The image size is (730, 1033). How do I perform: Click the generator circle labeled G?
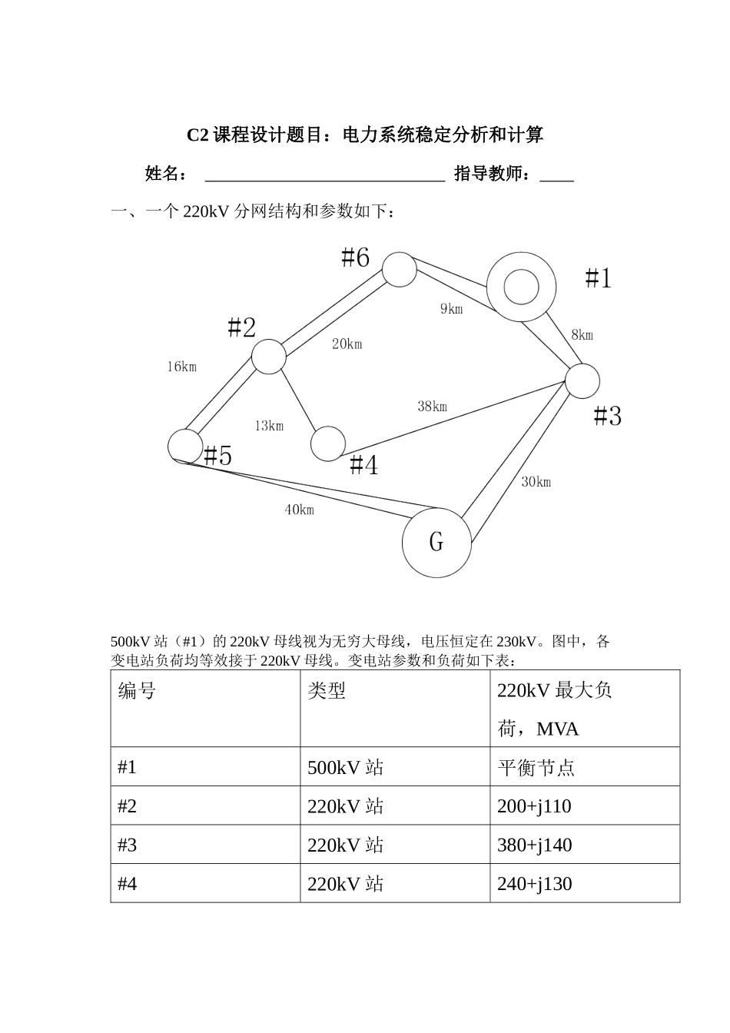pyautogui.click(x=436, y=542)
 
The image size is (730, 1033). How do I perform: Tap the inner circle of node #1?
pyautogui.click(x=521, y=287)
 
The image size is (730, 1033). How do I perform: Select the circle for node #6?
pyautogui.click(x=400, y=269)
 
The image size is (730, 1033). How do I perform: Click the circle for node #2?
pyautogui.click(x=269, y=357)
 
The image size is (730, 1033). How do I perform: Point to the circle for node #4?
pyautogui.click(x=328, y=443)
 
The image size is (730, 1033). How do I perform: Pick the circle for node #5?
pyautogui.click(x=184, y=445)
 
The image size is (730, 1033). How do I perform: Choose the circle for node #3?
pyautogui.click(x=582, y=381)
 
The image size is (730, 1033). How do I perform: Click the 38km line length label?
pyautogui.click(x=432, y=407)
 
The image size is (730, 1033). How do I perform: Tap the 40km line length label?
pyautogui.click(x=299, y=510)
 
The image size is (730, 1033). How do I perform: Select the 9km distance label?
pyautogui.click(x=451, y=309)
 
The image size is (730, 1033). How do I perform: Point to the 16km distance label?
pyautogui.click(x=182, y=367)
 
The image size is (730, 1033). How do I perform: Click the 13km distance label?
pyautogui.click(x=269, y=426)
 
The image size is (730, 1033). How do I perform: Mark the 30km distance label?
pyautogui.click(x=536, y=482)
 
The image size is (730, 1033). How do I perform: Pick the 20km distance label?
pyautogui.click(x=347, y=344)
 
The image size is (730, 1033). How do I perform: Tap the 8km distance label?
pyautogui.click(x=582, y=335)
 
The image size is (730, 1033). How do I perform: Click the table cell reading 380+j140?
pyautogui.click(x=535, y=845)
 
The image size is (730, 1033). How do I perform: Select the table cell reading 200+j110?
pyautogui.click(x=535, y=806)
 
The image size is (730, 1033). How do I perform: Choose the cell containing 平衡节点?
pyautogui.click(x=536, y=768)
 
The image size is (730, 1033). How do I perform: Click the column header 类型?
pyautogui.click(x=327, y=691)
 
